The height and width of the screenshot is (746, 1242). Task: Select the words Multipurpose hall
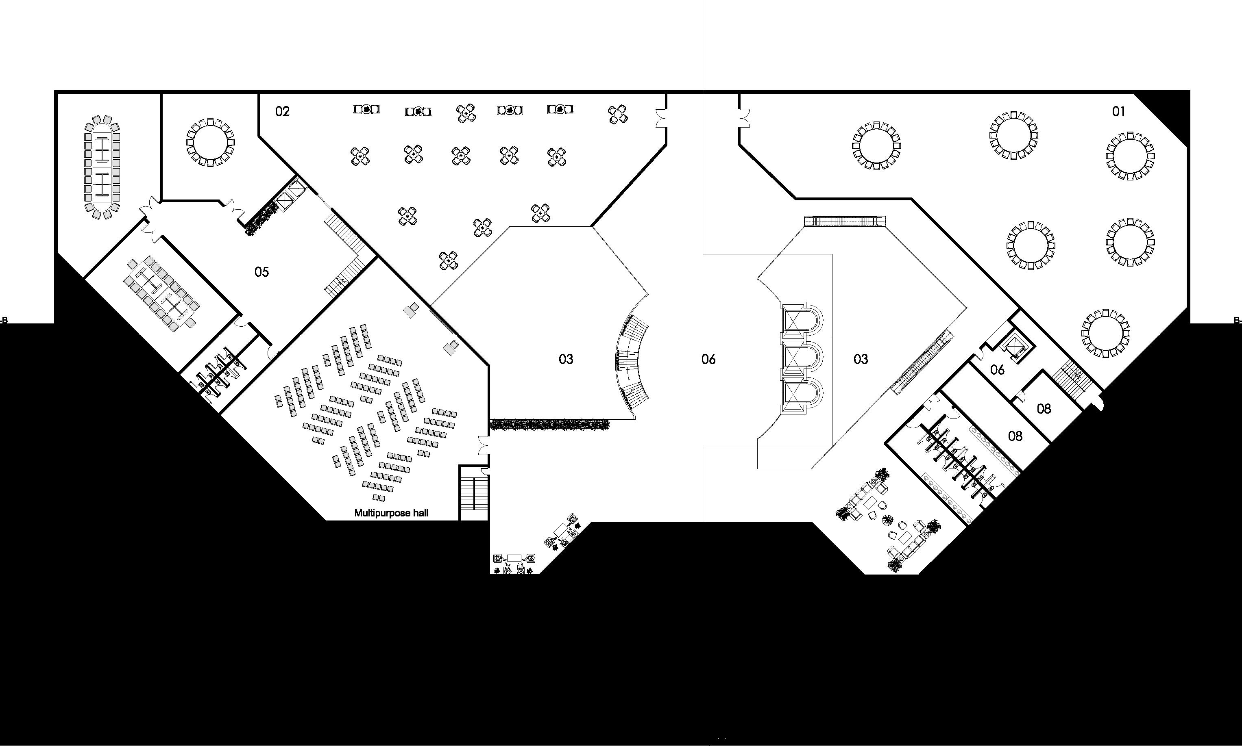(391, 513)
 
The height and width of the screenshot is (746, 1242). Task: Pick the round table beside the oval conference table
(210, 142)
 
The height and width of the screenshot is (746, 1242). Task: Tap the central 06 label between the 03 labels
(708, 359)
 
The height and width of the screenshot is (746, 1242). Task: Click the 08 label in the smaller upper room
(1044, 409)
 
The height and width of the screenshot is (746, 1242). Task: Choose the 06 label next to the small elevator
(997, 370)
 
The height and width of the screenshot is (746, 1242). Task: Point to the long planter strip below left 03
(550, 425)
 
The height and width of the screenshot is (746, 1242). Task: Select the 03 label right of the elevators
(861, 359)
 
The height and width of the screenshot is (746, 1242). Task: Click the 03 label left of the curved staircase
(566, 359)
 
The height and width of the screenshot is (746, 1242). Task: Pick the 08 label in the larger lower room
(1015, 436)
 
